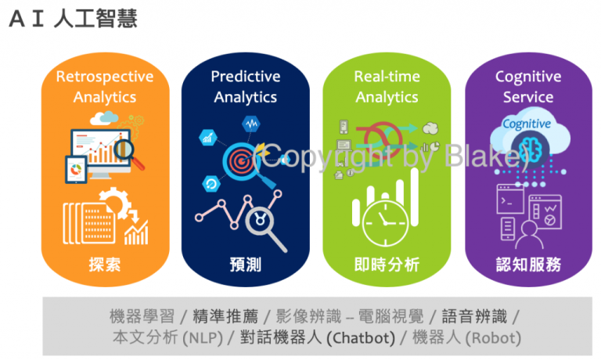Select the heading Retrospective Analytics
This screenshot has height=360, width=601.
click(x=105, y=87)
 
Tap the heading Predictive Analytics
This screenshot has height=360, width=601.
click(x=246, y=87)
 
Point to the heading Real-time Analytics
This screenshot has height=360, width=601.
click(x=387, y=87)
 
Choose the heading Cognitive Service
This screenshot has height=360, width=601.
click(x=528, y=87)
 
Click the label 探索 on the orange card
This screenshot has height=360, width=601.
click(x=105, y=265)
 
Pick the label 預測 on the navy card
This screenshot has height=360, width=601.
click(x=246, y=265)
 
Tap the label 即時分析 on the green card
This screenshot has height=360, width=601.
click(x=387, y=265)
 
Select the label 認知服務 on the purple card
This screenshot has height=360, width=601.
click(x=528, y=265)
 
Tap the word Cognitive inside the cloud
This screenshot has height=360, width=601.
click(x=526, y=124)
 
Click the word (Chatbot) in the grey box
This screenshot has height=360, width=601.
click(x=359, y=338)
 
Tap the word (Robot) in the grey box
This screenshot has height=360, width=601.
click(x=494, y=338)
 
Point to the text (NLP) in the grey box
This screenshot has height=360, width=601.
click(x=202, y=338)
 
